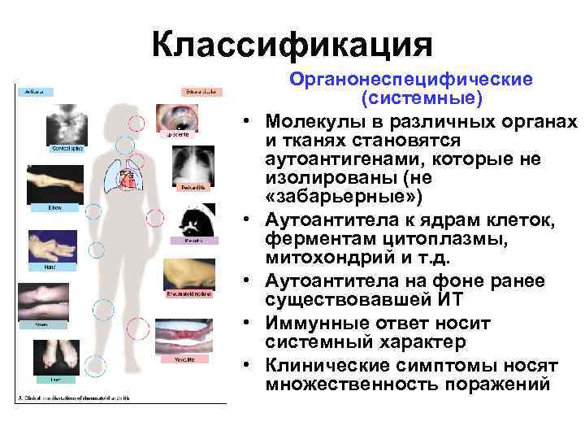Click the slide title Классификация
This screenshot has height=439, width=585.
[x=292, y=41]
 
